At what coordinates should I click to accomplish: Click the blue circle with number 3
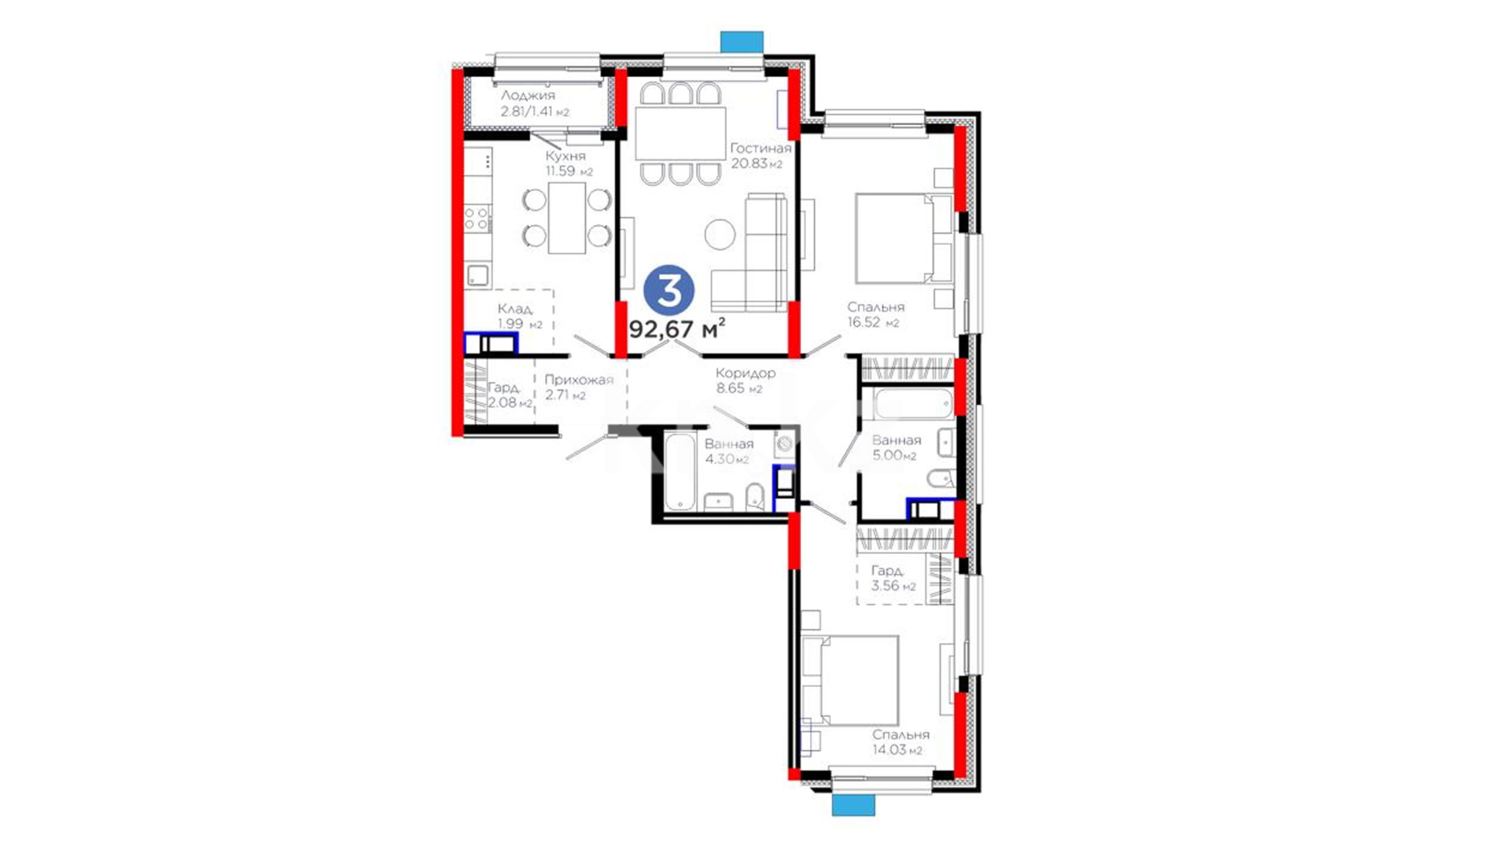pos(669,290)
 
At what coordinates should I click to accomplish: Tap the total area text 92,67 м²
pos(676,329)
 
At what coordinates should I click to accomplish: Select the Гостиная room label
pos(761,148)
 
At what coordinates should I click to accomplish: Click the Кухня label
pos(565,156)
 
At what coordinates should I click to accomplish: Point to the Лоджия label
pos(528,95)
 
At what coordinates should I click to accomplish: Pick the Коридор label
pos(746,373)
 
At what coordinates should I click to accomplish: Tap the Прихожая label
pos(579,380)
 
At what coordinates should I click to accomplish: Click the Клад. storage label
pos(515,309)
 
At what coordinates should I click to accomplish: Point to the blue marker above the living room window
pos(742,42)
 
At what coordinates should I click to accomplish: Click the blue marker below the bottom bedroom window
pos(853,805)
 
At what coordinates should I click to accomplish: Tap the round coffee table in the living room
pos(720,234)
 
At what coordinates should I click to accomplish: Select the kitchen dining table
pos(567,218)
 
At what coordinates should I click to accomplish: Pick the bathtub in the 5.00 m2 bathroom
pos(913,403)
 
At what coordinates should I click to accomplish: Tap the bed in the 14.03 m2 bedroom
pos(849,680)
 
